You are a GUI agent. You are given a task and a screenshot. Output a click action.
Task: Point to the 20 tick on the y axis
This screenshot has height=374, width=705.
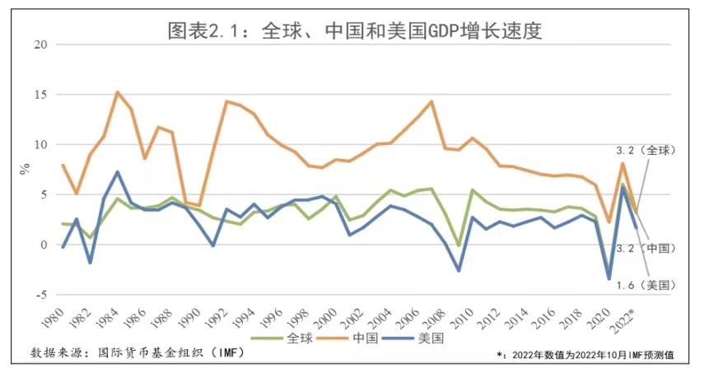pyautogui.click(x=41, y=44)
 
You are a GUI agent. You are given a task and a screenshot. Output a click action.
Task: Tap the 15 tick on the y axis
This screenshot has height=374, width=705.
pyautogui.click(x=41, y=94)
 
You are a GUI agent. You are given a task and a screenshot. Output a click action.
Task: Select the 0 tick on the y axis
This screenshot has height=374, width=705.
pyautogui.click(x=44, y=244)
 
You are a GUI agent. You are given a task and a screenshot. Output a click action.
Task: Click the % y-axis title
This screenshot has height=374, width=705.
pyautogui.click(x=25, y=168)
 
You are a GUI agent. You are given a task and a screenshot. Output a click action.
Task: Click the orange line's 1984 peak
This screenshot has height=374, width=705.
pyautogui.click(x=117, y=92)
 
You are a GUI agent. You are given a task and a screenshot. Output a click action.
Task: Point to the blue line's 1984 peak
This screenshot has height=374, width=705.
pyautogui.click(x=118, y=172)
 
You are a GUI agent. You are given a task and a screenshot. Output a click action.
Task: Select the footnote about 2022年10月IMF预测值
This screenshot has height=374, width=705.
pyautogui.click(x=586, y=355)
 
